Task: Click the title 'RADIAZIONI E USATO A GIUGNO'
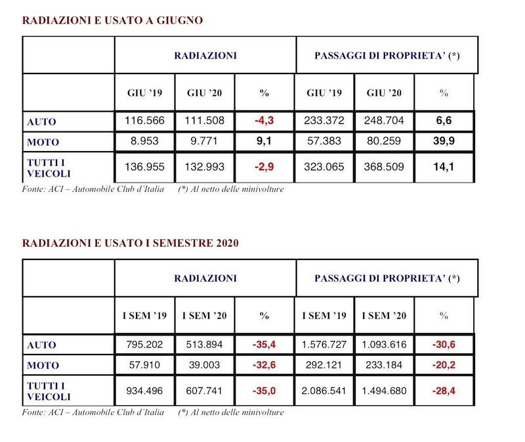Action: click(x=112, y=20)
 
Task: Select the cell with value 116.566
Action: click(x=144, y=121)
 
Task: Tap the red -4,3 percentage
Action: click(x=264, y=121)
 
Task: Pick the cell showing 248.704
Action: click(x=386, y=121)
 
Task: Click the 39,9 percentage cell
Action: click(x=443, y=141)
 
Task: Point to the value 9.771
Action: click(x=205, y=141)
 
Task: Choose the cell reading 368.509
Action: click(x=386, y=167)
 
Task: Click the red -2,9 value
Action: click(x=264, y=167)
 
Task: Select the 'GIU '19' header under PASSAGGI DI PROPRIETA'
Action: click(x=325, y=93)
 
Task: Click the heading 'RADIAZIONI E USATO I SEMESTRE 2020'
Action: click(x=130, y=243)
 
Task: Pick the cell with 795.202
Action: click(x=144, y=345)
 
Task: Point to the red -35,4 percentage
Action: click(x=264, y=345)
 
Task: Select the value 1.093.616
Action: click(x=386, y=345)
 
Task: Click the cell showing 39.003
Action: click(x=205, y=365)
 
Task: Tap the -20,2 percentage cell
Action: click(x=443, y=365)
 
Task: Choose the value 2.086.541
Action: click(x=325, y=391)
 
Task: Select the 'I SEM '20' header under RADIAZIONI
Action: click(x=205, y=316)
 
